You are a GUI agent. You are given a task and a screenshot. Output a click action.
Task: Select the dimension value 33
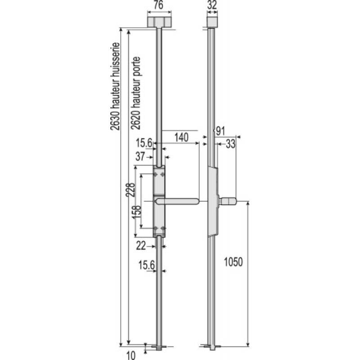point(230,144)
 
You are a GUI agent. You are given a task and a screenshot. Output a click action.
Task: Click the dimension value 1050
point(233,262)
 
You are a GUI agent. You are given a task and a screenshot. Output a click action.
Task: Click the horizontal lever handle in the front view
point(180,200)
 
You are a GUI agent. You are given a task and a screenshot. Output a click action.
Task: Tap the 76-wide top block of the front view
point(159,21)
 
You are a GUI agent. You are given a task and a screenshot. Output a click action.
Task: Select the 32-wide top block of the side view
point(212,21)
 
